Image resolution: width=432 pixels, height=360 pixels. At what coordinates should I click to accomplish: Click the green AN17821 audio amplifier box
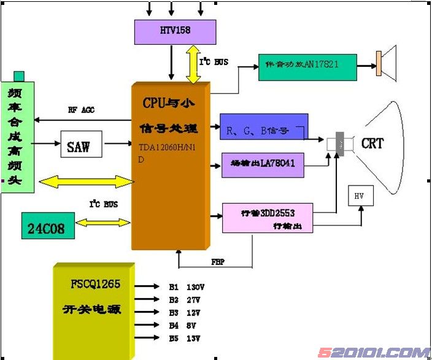coord(307,65)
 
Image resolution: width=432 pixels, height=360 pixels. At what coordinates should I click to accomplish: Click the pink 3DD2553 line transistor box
coord(267,216)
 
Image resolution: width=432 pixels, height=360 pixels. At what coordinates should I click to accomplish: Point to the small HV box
coord(360,195)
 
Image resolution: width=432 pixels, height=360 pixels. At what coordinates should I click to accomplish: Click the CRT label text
coord(372,144)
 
